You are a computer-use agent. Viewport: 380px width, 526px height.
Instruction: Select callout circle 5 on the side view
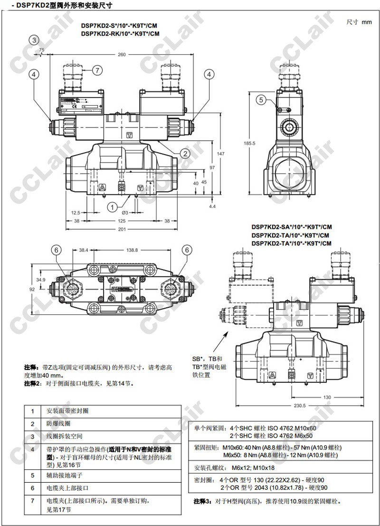[x=261, y=99]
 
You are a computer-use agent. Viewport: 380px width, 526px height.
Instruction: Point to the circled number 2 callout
[x=185, y=153]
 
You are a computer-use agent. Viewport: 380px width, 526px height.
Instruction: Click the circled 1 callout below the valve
[x=112, y=207]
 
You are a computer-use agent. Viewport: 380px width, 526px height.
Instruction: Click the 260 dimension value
[x=122, y=55]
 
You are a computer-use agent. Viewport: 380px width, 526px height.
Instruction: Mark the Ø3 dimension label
[x=126, y=212]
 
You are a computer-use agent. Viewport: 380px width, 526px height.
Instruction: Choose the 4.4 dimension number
[x=212, y=206]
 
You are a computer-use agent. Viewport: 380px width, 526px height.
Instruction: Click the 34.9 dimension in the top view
[x=40, y=280]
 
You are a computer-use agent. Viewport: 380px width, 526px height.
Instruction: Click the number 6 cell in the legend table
[x=32, y=487]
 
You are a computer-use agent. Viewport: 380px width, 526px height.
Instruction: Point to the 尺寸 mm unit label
[x=359, y=22]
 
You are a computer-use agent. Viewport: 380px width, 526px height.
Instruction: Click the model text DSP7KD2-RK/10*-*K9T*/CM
[x=120, y=34]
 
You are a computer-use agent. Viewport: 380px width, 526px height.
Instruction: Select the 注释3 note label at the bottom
[x=201, y=501]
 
